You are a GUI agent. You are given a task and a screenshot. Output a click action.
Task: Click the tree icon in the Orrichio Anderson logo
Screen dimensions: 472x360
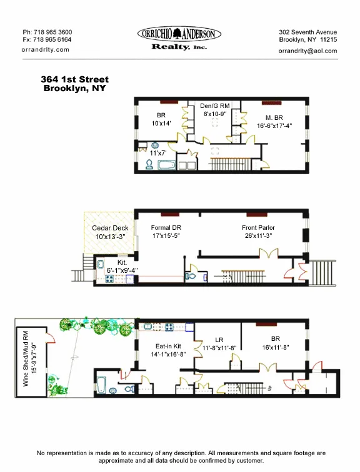point(179,34)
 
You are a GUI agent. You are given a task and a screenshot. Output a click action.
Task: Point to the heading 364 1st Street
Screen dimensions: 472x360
point(74,79)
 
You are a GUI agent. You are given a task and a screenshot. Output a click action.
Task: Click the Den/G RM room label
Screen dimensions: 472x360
point(214,107)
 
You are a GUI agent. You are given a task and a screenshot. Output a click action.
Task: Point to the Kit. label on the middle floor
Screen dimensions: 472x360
point(122,263)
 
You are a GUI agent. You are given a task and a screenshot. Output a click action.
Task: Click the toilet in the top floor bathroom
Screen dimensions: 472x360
point(149,165)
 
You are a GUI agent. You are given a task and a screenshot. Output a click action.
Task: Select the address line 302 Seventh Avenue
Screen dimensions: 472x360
point(307,32)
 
